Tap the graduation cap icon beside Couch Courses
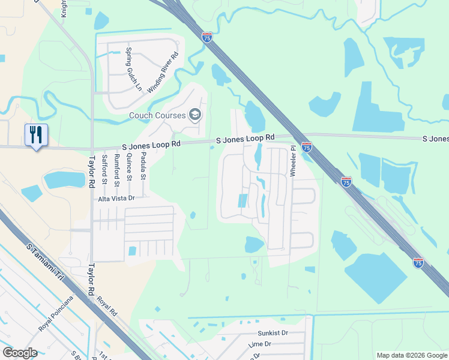point(194,114)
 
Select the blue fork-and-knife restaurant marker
point(36,135)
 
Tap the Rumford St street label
point(117,168)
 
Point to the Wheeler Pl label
point(294,161)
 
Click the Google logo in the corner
point(20,353)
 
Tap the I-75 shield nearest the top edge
point(206,37)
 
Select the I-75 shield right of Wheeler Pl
point(307,146)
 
